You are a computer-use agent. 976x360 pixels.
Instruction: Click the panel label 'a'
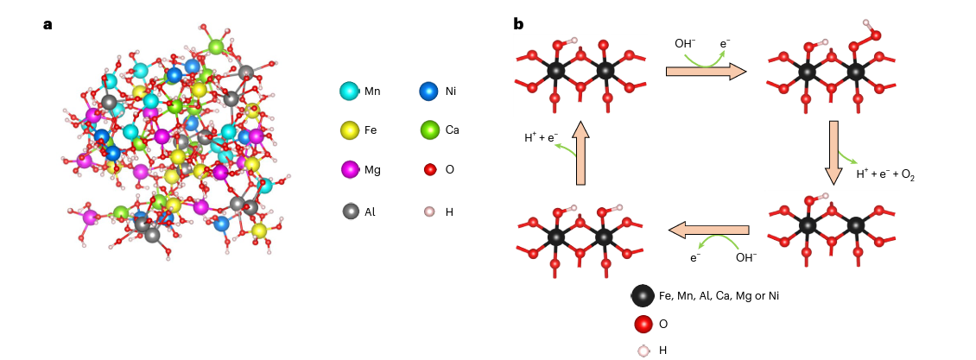click(48, 24)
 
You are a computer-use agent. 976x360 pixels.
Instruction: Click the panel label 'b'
click(518, 24)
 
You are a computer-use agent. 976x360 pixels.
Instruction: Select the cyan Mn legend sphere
click(350, 91)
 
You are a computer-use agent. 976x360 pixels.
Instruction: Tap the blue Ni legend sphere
click(428, 91)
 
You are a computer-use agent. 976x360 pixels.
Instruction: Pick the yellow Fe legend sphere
click(350, 130)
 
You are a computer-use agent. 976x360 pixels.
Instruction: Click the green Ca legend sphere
click(429, 130)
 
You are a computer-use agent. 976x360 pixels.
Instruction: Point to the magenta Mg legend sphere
click(350, 170)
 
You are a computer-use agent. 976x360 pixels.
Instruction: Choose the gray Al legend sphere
click(350, 211)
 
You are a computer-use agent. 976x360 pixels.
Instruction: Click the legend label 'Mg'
click(372, 170)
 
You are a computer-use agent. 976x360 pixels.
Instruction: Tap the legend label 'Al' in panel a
click(370, 211)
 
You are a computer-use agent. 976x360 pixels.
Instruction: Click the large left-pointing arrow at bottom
click(708, 230)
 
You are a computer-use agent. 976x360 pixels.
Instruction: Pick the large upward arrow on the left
click(580, 152)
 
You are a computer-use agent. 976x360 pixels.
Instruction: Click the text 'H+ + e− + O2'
click(884, 174)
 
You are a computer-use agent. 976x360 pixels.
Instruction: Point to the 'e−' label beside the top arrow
click(726, 43)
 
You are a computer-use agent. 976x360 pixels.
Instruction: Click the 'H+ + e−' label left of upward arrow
click(541, 137)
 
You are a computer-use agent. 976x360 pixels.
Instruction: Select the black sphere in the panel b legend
click(642, 296)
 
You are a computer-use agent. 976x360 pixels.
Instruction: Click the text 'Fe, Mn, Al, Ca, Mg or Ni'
click(719, 296)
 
